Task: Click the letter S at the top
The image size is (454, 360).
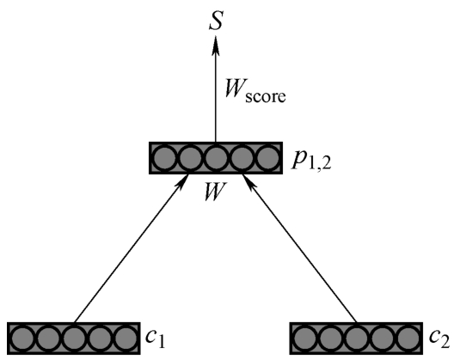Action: [217, 21]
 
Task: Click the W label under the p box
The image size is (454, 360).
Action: [215, 192]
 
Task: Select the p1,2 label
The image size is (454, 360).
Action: [310, 161]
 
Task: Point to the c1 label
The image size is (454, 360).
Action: [155, 338]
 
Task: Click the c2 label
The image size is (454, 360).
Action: [439, 338]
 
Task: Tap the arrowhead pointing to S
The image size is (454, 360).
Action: [215, 46]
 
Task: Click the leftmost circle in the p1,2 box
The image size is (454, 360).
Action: [164, 158]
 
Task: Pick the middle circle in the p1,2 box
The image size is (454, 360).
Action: [216, 158]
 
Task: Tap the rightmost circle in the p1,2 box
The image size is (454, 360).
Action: [268, 158]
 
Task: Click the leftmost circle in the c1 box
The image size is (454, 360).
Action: [22, 338]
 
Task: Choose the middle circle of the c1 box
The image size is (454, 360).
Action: [74, 338]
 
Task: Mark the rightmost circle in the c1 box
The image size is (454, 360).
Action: [126, 338]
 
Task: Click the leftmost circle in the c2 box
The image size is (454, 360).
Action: [304, 338]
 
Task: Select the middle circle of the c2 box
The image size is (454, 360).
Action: [357, 338]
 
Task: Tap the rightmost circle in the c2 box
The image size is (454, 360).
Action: [408, 338]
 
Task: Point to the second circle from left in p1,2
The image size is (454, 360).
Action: [190, 158]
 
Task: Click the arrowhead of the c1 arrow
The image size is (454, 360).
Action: [183, 182]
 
